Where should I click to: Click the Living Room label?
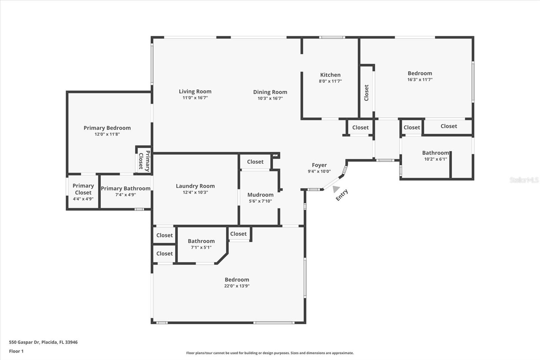point(195,92)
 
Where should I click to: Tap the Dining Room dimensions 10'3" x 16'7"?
point(270,99)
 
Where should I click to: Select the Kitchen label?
point(330,75)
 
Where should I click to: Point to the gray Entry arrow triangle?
point(335,189)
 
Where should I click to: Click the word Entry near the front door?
point(342,195)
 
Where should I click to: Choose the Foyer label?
point(319,165)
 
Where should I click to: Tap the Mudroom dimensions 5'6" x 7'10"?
point(260,201)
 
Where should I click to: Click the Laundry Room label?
point(195,186)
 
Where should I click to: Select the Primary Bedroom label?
point(107,128)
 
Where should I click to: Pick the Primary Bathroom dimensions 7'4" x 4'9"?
point(126,195)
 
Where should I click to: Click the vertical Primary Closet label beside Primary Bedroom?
point(144,161)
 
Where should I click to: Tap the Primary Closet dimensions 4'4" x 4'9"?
point(83,199)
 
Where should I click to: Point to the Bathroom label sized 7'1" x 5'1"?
point(201,241)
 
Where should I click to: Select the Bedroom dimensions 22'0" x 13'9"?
point(237,286)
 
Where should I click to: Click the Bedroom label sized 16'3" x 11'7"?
point(420,73)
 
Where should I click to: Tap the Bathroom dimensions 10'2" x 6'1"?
point(435,159)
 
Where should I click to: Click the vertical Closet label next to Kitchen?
point(366,93)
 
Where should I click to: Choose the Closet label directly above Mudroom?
point(255,162)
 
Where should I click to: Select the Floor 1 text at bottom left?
point(16,351)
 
